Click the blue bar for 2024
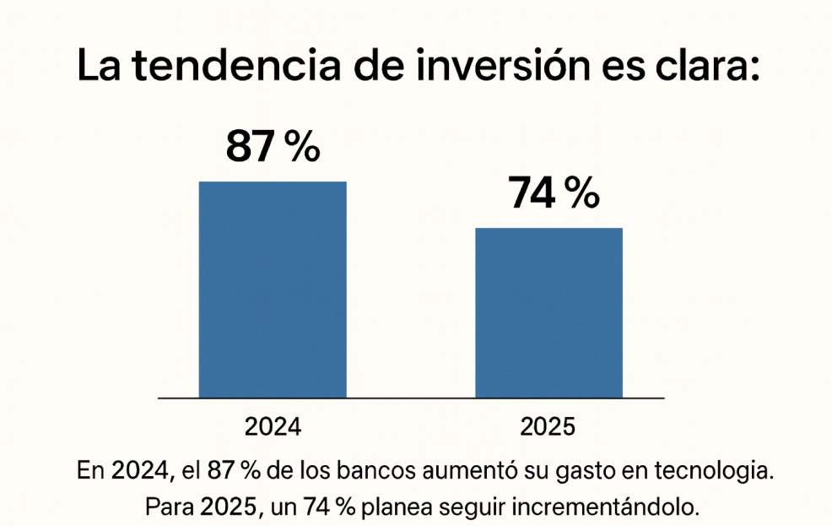[x=273, y=290]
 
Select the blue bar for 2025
[x=548, y=312]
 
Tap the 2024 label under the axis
[x=273, y=426]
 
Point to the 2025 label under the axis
[x=548, y=426]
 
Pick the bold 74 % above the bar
[x=553, y=194]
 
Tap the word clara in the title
[x=698, y=67]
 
